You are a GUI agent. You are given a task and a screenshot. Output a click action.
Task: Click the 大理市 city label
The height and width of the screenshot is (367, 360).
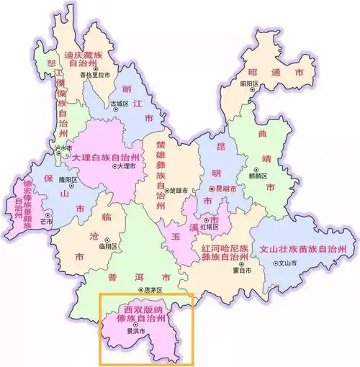click(x=125, y=166)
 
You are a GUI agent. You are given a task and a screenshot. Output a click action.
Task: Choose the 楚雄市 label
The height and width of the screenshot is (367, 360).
click(x=179, y=191)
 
